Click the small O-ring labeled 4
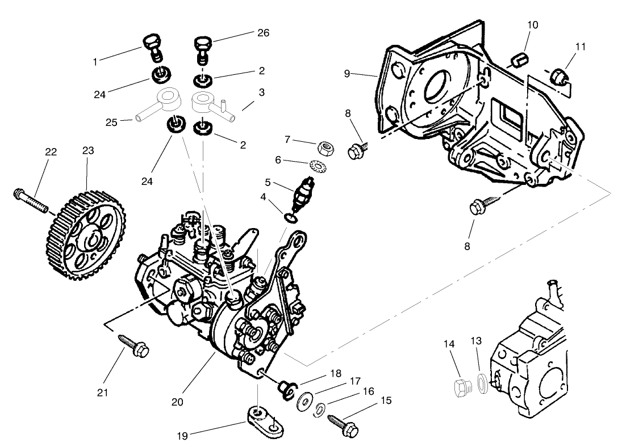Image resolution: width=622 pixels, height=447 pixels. [290, 217]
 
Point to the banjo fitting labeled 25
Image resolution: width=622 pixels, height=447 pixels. [165, 103]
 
